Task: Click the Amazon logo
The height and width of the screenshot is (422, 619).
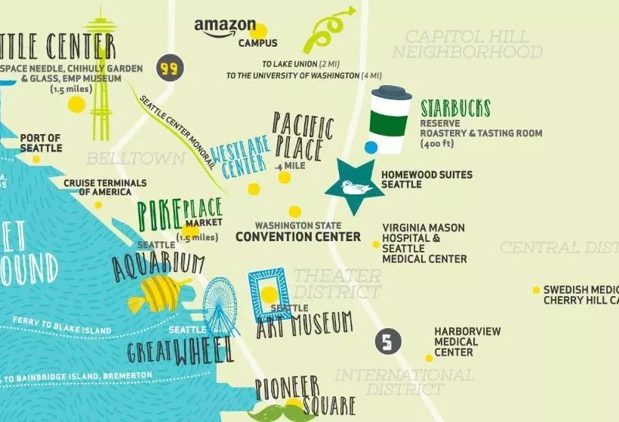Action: pyautogui.click(x=225, y=29)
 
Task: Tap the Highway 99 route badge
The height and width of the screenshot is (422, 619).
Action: pyautogui.click(x=169, y=69)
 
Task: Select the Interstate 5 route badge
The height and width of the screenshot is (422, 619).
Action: pyautogui.click(x=386, y=342)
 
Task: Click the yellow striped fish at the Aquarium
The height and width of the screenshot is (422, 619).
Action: pyautogui.click(x=160, y=293)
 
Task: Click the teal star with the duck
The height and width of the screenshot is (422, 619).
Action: pyautogui.click(x=354, y=186)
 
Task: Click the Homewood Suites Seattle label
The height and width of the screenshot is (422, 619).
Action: pyautogui.click(x=427, y=179)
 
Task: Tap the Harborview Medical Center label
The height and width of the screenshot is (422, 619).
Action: pyautogui.click(x=456, y=341)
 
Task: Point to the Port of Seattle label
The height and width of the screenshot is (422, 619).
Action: pyautogui.click(x=41, y=142)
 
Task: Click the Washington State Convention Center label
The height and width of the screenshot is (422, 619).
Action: pyautogui.click(x=297, y=231)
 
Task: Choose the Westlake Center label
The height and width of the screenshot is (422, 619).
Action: pyautogui.click(x=239, y=158)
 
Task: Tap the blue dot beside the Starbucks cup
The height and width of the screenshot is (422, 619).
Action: pyautogui.click(x=371, y=148)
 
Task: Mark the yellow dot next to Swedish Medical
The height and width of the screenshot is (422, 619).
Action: pyautogui.click(x=536, y=290)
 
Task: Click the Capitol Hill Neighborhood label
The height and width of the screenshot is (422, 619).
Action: pyautogui.click(x=467, y=44)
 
